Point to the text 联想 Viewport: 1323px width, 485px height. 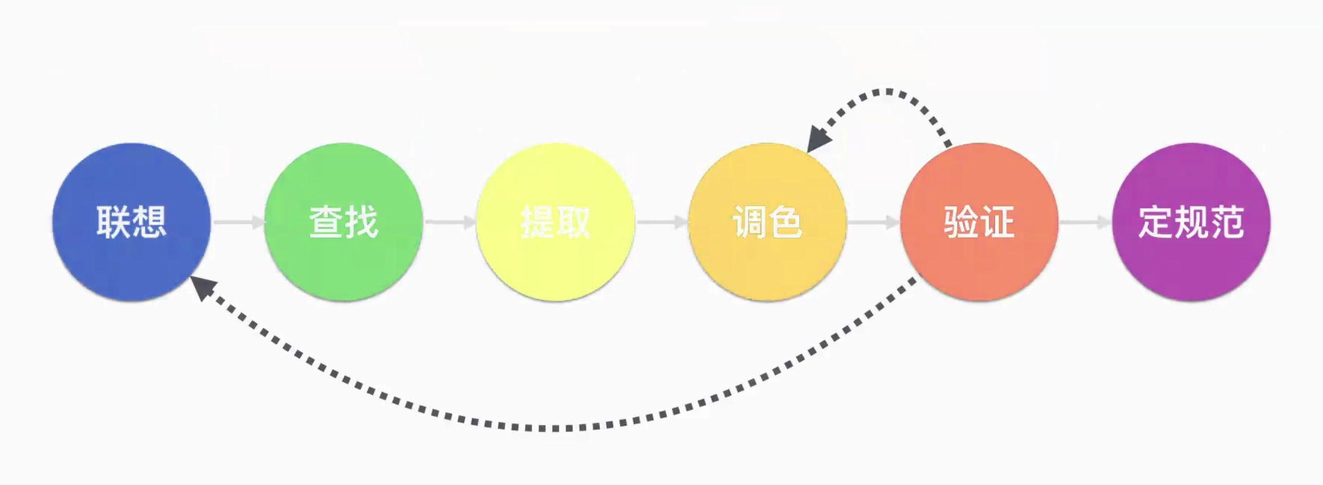point(132,222)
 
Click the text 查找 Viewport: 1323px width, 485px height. point(344,222)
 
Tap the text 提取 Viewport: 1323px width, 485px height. point(555,222)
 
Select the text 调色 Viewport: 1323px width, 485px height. point(767,222)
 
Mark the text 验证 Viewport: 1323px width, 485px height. point(979,222)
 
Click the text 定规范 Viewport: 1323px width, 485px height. point(1191,222)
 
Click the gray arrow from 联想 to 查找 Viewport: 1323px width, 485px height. point(238,222)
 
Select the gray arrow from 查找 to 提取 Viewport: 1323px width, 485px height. point(450,222)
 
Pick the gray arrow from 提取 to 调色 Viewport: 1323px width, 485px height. point(661,222)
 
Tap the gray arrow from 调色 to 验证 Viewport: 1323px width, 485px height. point(874,222)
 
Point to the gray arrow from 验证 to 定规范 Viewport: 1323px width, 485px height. point(1086,222)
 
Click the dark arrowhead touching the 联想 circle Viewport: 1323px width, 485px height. point(202,287)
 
